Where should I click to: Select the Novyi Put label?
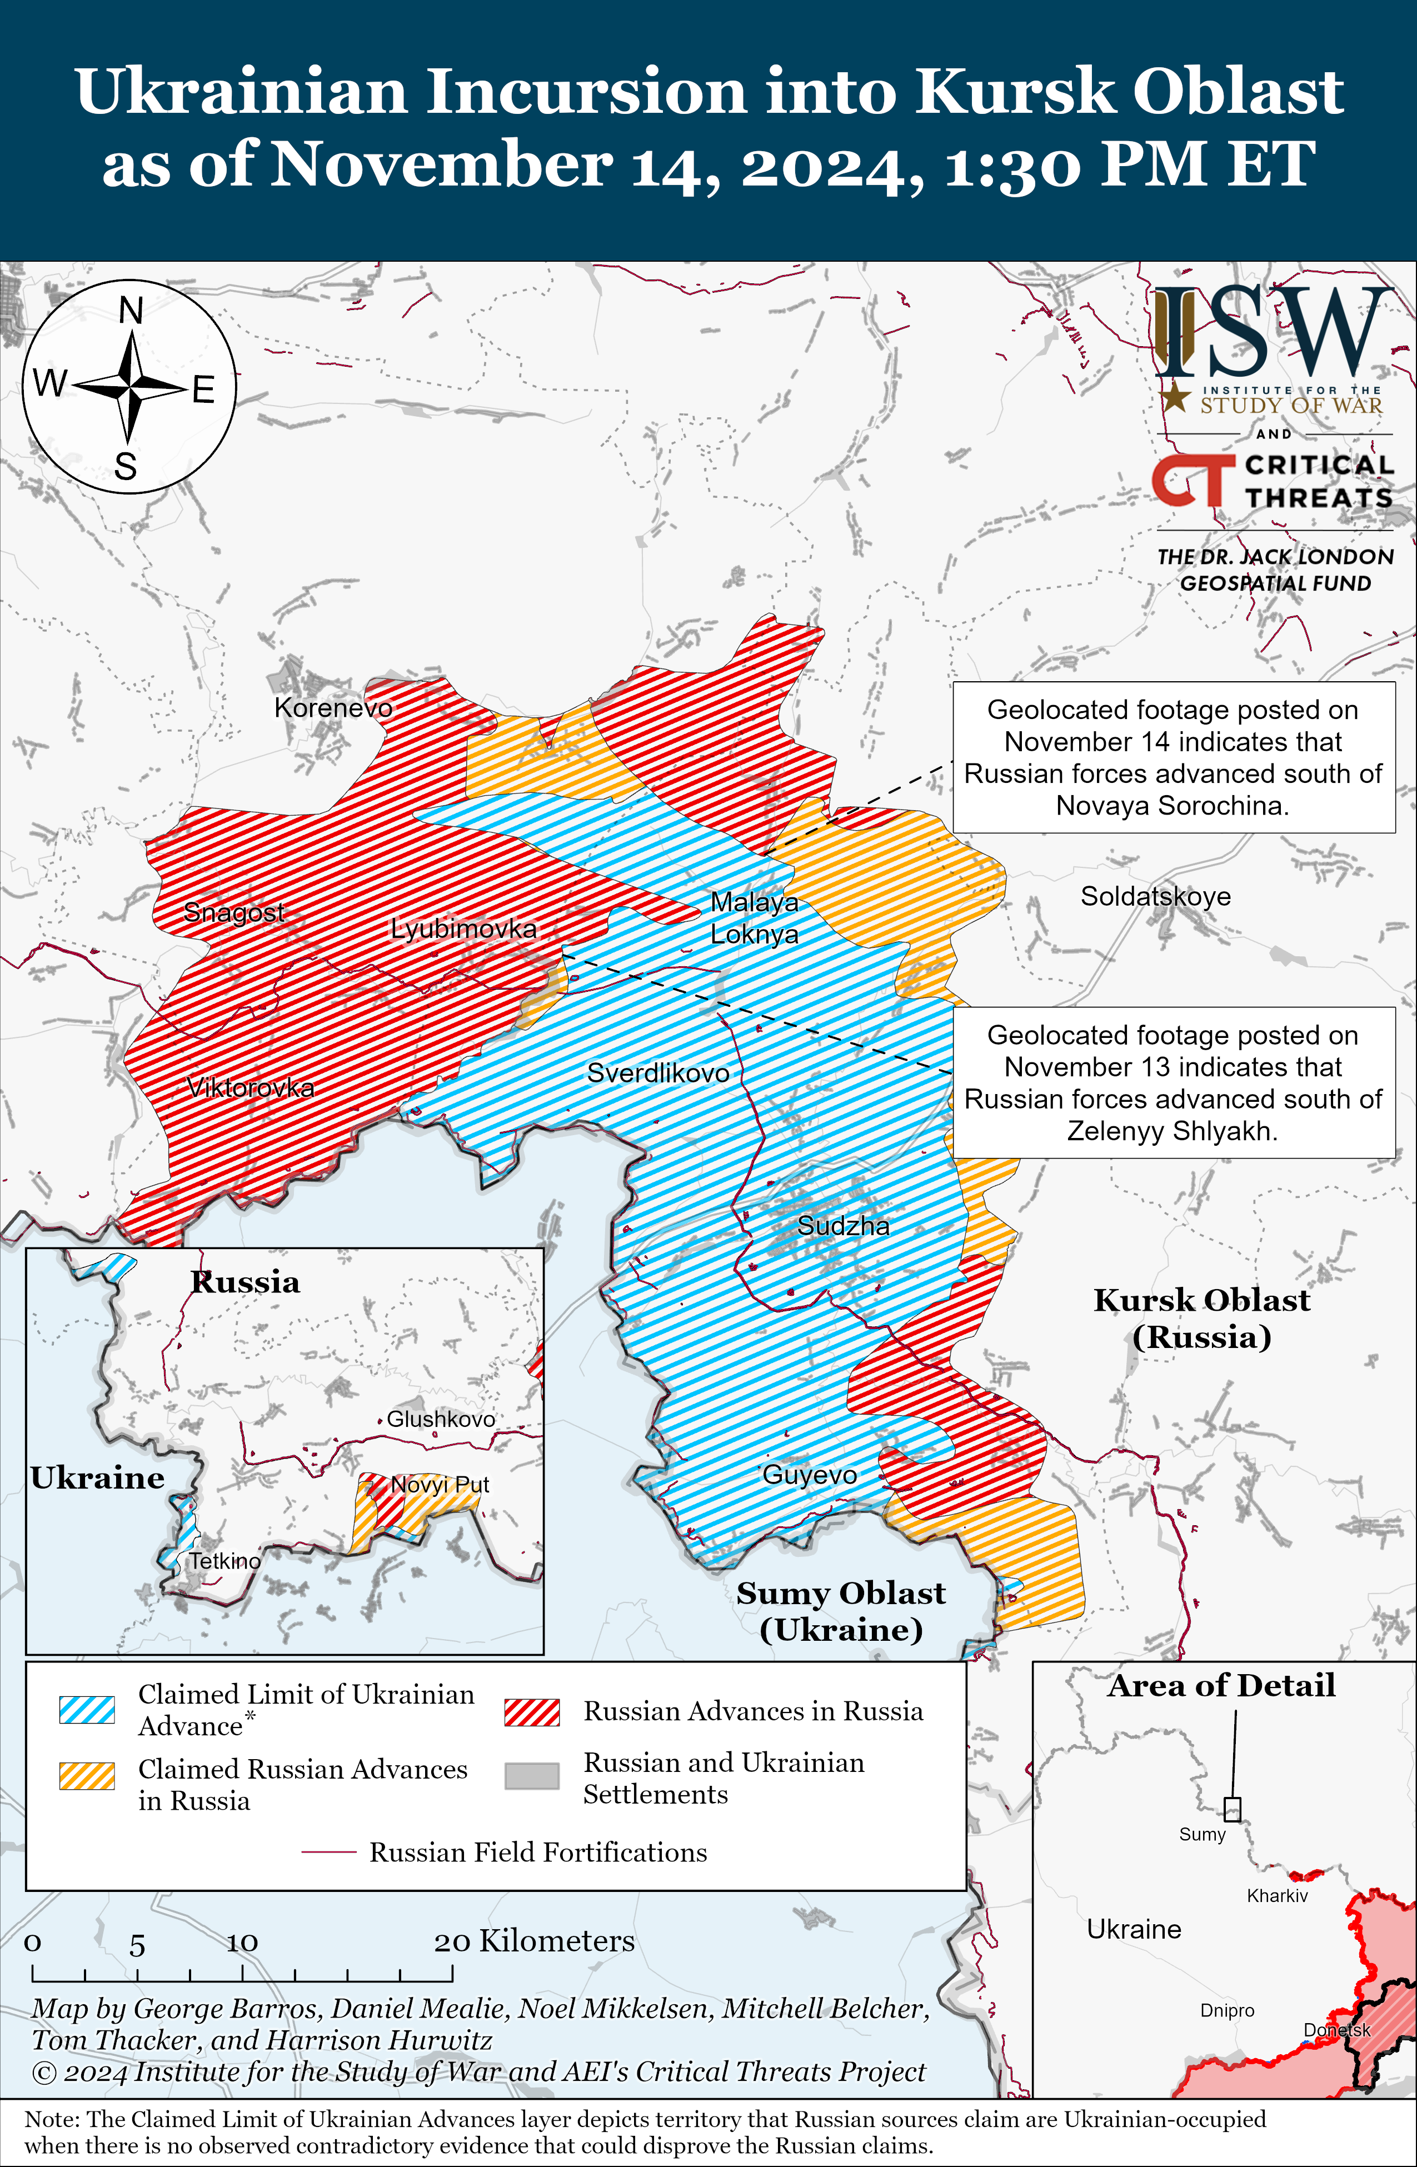(440, 1485)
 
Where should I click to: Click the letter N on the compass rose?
(131, 311)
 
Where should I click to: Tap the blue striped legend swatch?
(87, 1710)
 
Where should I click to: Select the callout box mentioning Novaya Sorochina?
(1173, 757)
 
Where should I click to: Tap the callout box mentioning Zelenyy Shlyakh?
(1173, 1082)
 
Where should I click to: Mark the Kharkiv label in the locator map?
(1277, 1896)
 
